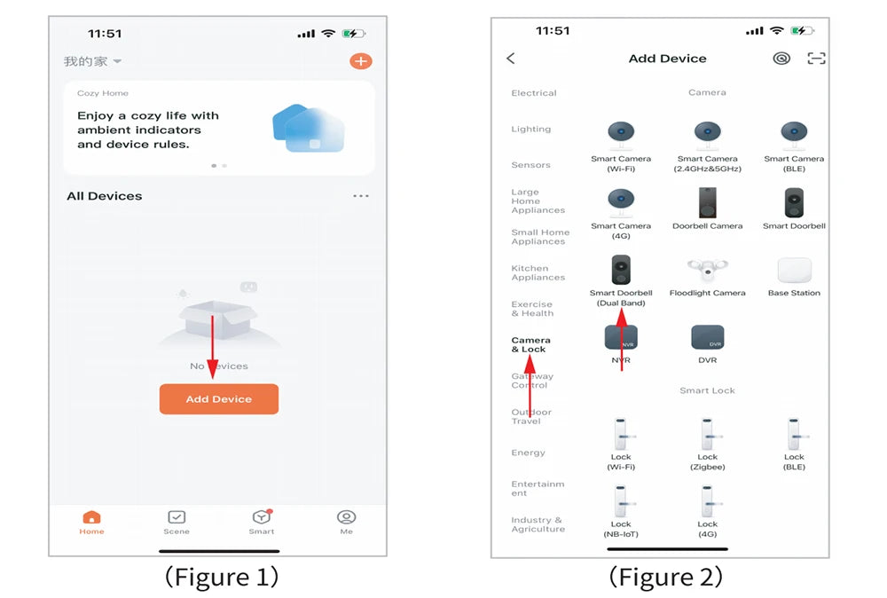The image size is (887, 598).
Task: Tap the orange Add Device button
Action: [x=219, y=399]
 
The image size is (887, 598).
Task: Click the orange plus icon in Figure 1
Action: [x=360, y=61]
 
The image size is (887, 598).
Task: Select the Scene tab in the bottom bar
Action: [x=177, y=523]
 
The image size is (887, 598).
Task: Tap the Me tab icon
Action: [x=346, y=517]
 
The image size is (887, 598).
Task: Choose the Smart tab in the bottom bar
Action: [x=262, y=523]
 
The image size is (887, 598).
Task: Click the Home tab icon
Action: [x=91, y=517]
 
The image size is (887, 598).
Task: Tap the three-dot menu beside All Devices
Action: [x=361, y=196]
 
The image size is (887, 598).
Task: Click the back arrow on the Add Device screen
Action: [x=511, y=59]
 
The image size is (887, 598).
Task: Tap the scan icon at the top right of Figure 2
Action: [x=816, y=59]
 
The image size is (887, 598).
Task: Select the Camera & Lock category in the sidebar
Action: [x=530, y=344]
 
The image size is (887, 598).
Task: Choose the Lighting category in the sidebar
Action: [x=530, y=129]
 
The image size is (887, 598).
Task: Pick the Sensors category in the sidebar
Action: [x=530, y=165]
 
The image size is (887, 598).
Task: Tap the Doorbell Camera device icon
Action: [x=707, y=202]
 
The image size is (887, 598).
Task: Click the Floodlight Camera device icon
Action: [x=707, y=270]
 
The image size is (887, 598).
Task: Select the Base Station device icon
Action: [x=794, y=271]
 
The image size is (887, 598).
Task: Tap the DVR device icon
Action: [x=707, y=337]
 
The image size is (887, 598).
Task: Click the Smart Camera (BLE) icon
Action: [x=794, y=135]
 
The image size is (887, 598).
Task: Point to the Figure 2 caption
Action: [x=666, y=578]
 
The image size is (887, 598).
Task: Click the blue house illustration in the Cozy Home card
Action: [x=309, y=128]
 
